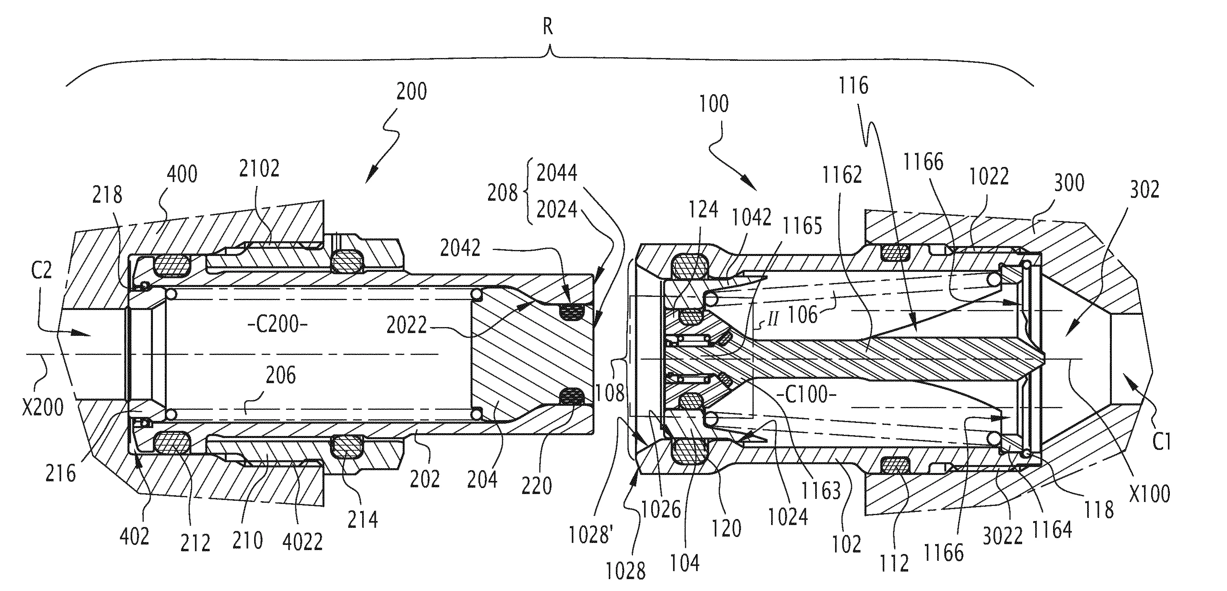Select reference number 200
pos(411,91)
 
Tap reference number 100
pos(714,104)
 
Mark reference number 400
pos(182,174)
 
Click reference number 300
pos(1069,182)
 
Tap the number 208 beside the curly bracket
pos(502,193)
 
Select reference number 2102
pos(259,168)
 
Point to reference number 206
pos(281,376)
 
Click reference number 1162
pos(842,175)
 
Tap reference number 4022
pos(303,541)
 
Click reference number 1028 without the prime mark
pos(625,570)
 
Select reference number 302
pos(1144,190)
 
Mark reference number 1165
pos(803,225)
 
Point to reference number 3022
pos(1003,536)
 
